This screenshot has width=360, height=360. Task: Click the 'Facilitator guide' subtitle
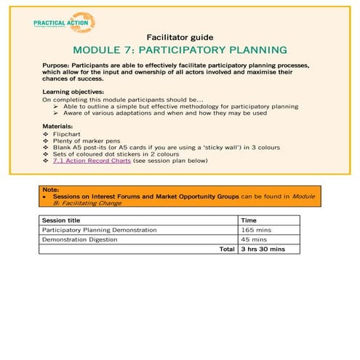coord(179,36)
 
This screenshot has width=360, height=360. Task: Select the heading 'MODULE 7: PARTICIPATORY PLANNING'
coord(180,51)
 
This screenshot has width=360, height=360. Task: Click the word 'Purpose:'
coord(60,65)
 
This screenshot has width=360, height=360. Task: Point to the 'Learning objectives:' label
coord(73,92)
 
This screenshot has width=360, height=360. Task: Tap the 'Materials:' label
coord(58,127)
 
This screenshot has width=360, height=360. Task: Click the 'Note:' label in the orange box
coord(49,189)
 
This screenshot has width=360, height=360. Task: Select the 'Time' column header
coord(248,220)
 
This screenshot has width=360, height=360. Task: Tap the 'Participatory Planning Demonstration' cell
coord(99,230)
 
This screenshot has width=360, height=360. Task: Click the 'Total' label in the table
coord(227,249)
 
